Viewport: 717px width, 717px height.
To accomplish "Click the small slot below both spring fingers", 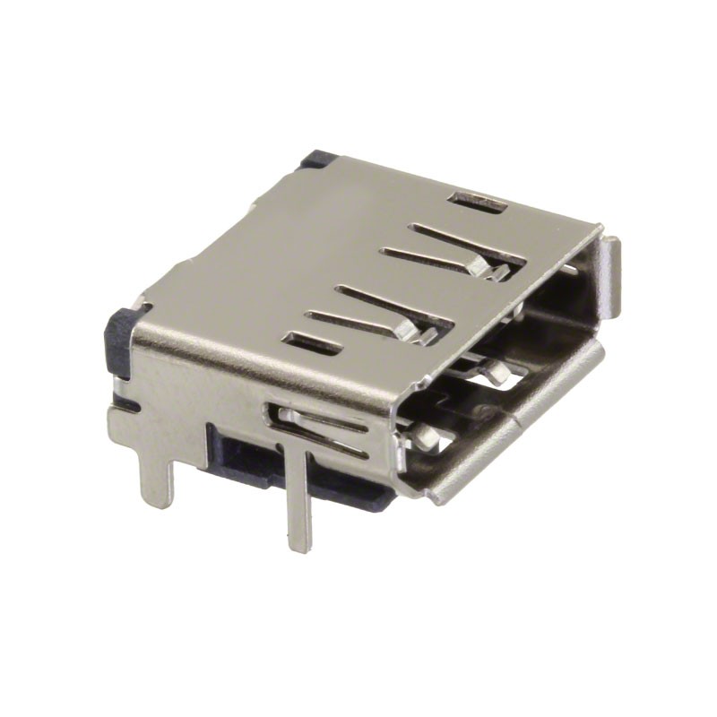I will click(x=310, y=341).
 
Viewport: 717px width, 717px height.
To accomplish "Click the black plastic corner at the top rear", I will click(x=315, y=160).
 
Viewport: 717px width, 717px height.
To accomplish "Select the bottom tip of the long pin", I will click(x=299, y=542).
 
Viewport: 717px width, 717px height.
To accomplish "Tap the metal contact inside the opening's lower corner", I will click(x=425, y=439).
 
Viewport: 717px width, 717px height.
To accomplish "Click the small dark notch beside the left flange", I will click(x=125, y=403).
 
